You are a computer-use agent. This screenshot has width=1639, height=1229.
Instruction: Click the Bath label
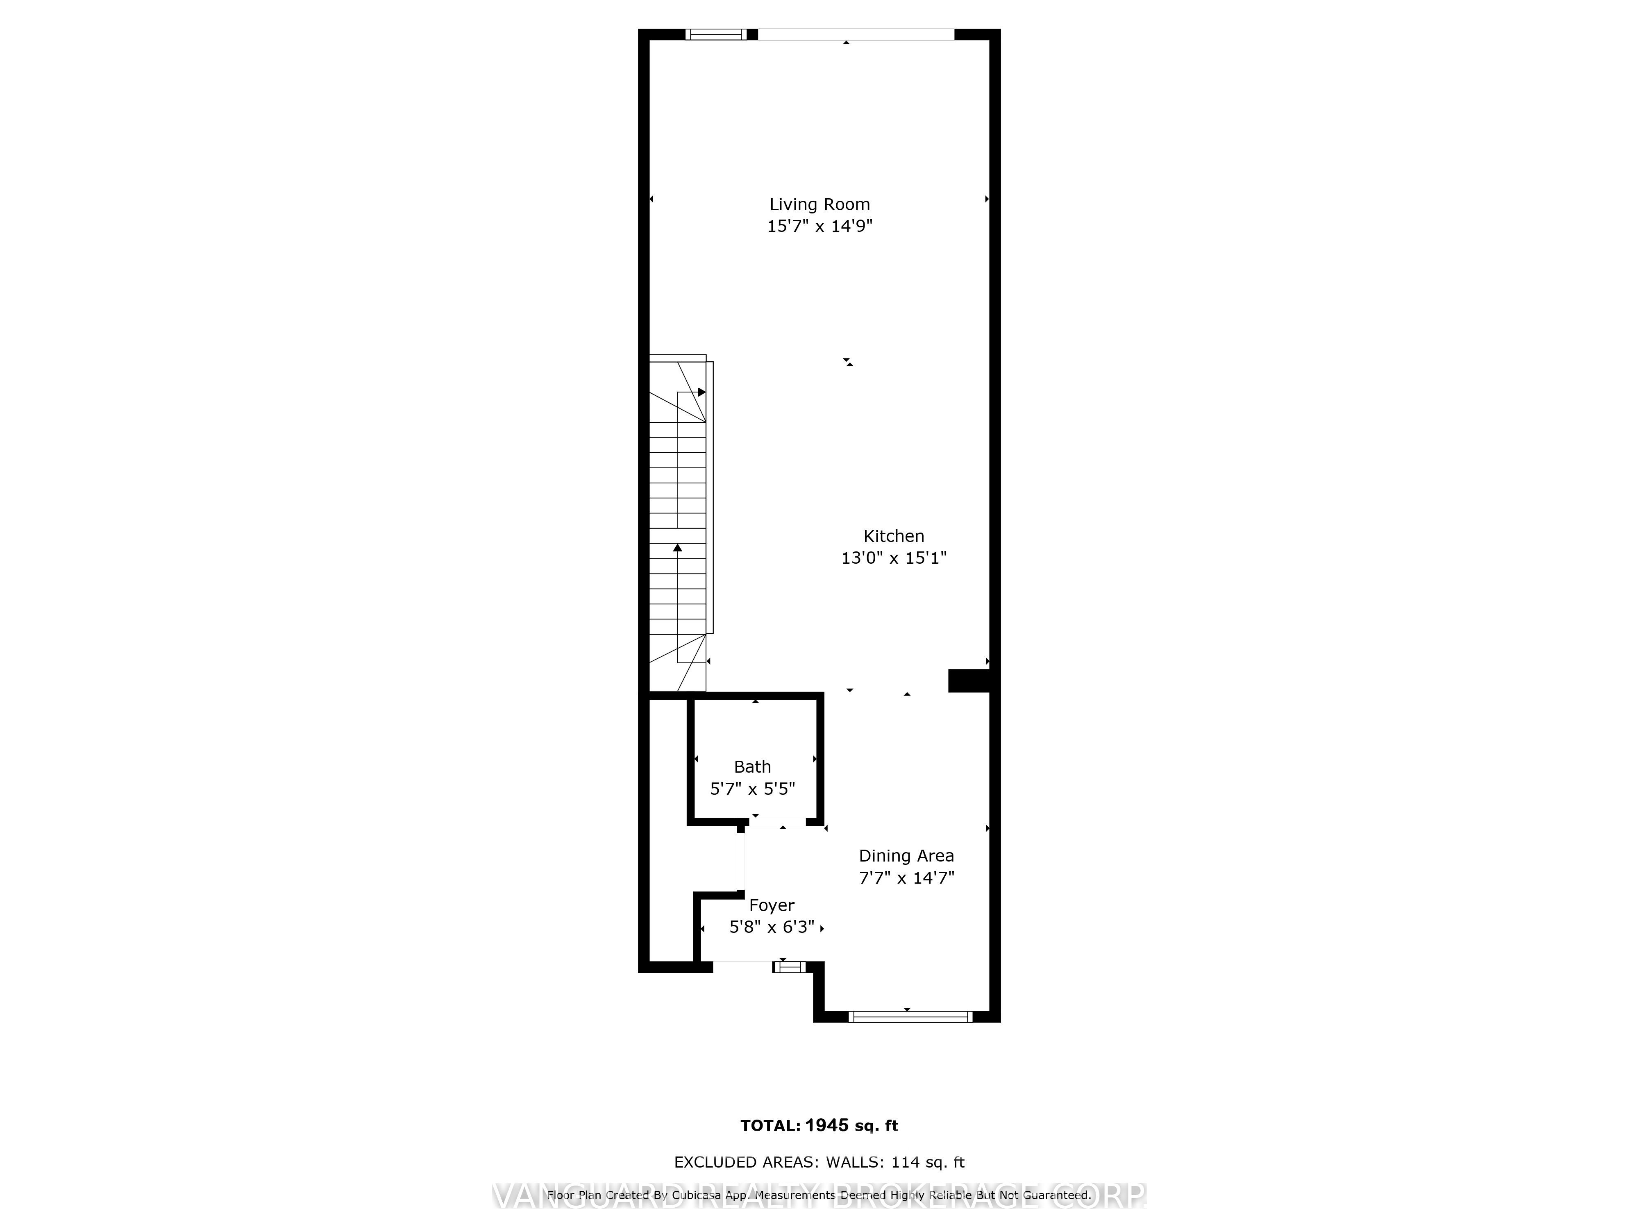[x=752, y=767]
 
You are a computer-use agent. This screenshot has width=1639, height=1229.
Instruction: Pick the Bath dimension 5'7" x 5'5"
[x=752, y=789]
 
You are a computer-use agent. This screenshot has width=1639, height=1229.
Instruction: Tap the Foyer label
[x=771, y=905]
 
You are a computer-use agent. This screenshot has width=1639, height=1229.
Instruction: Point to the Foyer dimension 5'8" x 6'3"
[x=771, y=927]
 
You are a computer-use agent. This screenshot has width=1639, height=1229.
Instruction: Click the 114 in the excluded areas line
[x=906, y=1162]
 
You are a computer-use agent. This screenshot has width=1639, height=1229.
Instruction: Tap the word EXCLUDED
[x=713, y=1162]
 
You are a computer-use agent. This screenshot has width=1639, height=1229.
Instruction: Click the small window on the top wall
[x=716, y=34]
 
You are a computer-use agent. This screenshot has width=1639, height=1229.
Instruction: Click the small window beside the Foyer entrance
[x=789, y=967]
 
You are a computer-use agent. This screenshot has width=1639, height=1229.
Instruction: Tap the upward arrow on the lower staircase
[x=677, y=548]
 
